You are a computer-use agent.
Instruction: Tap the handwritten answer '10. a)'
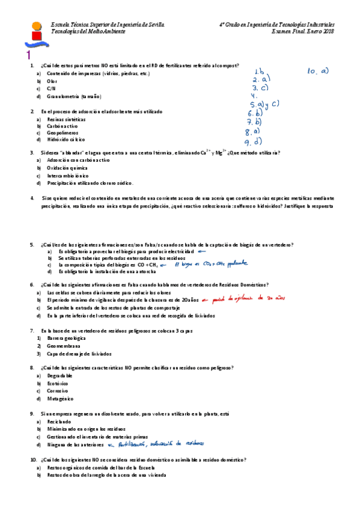(318, 71)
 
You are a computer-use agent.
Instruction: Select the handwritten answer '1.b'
(260, 71)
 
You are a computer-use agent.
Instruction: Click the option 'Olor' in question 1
(52, 81)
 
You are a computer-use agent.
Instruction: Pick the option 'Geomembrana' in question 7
(63, 346)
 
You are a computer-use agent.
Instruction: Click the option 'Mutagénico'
(60, 398)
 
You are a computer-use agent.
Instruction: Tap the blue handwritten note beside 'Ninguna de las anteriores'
(157, 444)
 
